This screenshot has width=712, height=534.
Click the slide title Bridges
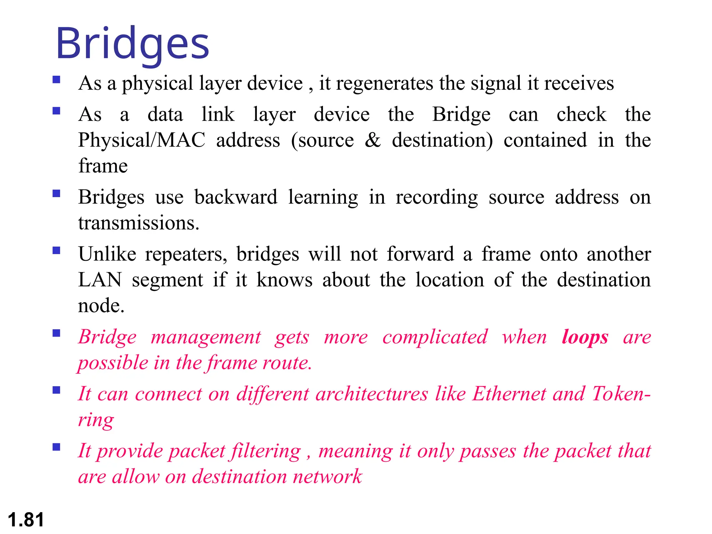132,44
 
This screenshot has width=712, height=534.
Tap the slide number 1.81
26,520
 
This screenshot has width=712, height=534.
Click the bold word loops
585,337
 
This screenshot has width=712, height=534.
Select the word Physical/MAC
142,140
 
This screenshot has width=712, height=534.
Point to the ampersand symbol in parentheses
373,140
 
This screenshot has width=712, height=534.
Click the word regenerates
385,83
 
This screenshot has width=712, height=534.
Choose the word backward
236,197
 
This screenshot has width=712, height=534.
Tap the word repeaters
186,254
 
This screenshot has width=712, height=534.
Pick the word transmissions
139,223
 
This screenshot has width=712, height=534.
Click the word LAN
100,280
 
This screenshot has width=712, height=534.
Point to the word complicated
435,337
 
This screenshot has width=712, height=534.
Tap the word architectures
372,394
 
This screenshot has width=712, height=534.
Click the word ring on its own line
96,420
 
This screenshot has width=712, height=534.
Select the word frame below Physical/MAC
103,166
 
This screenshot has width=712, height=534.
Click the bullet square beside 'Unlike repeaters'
56,251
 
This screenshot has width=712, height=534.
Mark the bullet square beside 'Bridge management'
56,333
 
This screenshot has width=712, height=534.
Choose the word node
101,306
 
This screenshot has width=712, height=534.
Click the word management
205,337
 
